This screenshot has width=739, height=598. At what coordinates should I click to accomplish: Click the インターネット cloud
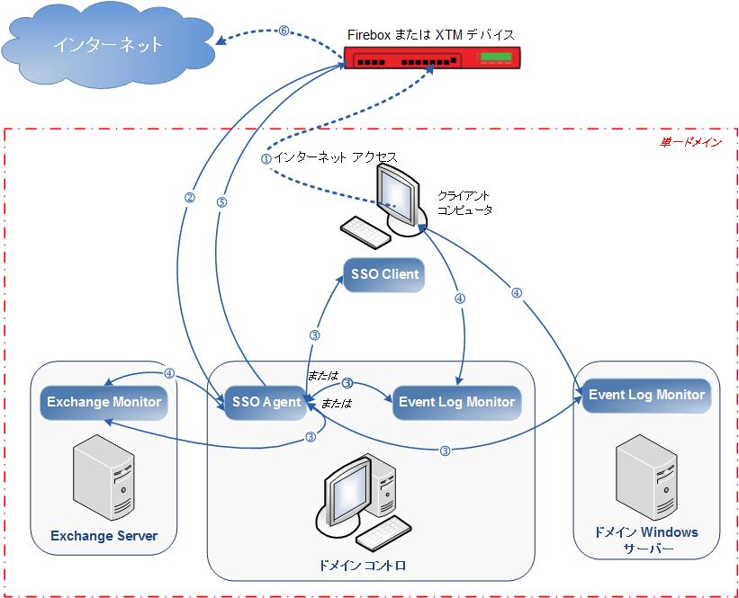(x=107, y=45)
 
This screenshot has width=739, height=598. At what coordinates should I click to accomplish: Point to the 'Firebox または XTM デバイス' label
(x=430, y=34)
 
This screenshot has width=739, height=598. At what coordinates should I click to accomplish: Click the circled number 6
(x=284, y=30)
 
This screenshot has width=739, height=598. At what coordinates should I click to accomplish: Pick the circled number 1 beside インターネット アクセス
(x=266, y=158)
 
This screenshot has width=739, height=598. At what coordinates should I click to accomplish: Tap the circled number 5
(x=221, y=202)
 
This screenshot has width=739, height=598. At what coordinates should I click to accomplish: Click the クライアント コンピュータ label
(x=464, y=202)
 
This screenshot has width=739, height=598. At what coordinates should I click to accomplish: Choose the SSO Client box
(x=382, y=274)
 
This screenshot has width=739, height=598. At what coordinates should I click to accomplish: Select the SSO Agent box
(x=266, y=402)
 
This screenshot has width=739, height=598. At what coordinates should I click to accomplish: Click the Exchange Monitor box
(x=104, y=401)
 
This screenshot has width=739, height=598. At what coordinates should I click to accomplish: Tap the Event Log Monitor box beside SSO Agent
(x=456, y=402)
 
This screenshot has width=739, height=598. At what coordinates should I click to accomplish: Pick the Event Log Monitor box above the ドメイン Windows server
(x=646, y=395)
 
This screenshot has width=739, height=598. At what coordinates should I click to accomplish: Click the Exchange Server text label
(x=104, y=536)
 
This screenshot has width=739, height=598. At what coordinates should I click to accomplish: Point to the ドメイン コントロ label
(x=363, y=566)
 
